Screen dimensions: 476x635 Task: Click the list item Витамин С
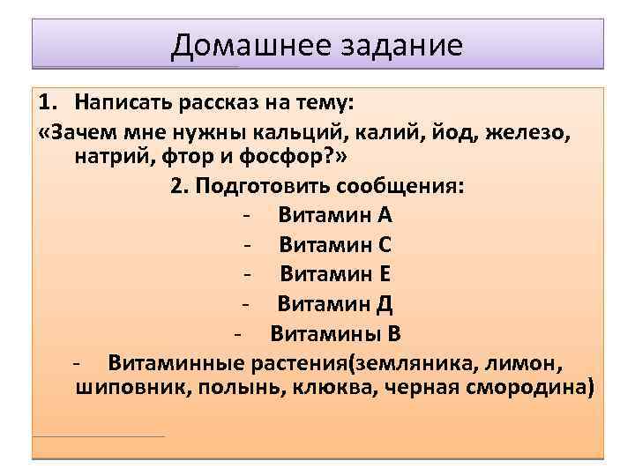click(x=335, y=245)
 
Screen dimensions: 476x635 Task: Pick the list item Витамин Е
click(x=335, y=274)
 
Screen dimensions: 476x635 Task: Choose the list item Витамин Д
click(x=334, y=304)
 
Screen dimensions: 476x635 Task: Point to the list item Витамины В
click(x=335, y=333)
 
